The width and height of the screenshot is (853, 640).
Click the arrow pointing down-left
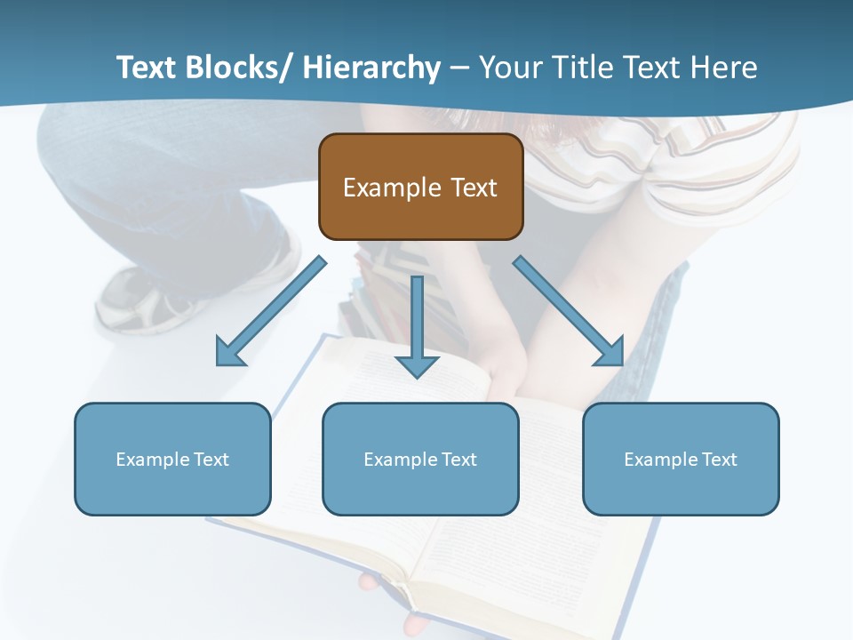click(x=271, y=312)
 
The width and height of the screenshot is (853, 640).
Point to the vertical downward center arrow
click(x=417, y=324)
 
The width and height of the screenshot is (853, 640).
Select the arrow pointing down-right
click(x=569, y=312)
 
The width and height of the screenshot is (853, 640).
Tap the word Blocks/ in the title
click(x=237, y=68)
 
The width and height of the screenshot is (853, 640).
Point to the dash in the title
click(x=459, y=68)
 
